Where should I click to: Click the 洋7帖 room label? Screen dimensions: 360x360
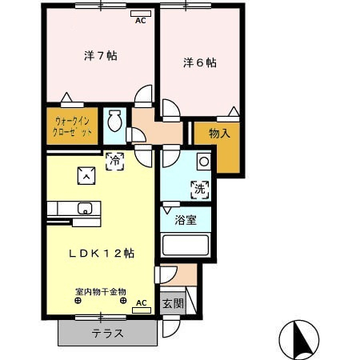[102, 56]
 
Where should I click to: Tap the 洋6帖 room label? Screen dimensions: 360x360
[199, 62]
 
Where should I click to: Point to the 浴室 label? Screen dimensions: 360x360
[186, 220]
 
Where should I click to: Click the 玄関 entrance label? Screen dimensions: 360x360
[172, 304]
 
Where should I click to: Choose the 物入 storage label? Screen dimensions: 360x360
[219, 133]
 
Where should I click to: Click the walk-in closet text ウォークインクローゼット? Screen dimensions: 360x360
[73, 126]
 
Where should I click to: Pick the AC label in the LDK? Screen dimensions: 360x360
[141, 303]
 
